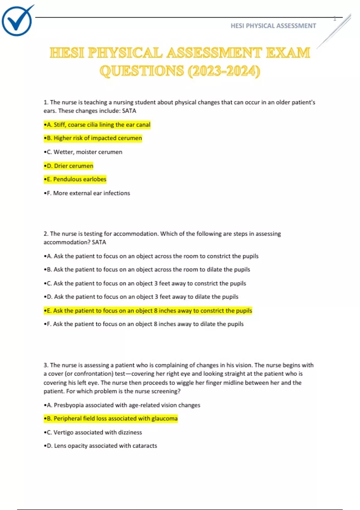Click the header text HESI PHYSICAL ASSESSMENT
[x=273, y=26]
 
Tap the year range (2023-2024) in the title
[x=224, y=71]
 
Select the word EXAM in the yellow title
[x=288, y=53]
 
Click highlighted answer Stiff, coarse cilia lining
[x=97, y=124]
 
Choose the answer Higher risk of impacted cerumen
[x=93, y=138]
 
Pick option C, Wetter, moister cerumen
[x=83, y=152]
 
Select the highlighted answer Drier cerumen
[x=69, y=166]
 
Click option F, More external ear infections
[x=87, y=193]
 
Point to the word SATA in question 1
[x=129, y=111]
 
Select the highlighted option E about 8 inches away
[x=148, y=310]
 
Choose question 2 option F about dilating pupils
[x=144, y=324]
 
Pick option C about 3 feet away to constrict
[x=145, y=283]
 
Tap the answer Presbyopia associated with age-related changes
[x=122, y=405]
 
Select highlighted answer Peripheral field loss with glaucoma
[x=111, y=418]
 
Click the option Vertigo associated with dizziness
[x=93, y=432]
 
